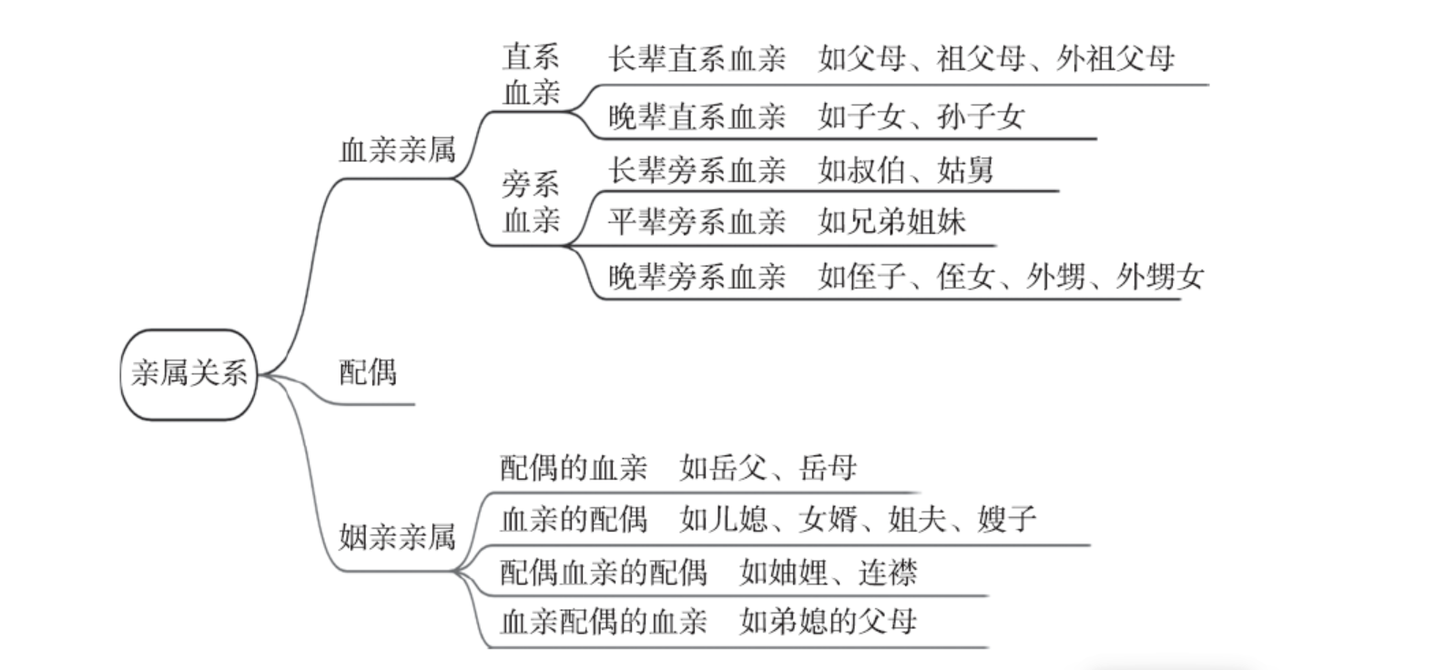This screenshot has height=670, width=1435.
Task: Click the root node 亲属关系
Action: click(188, 374)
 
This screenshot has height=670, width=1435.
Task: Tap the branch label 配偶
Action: click(368, 372)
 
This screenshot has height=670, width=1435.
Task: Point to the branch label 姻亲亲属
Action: click(397, 537)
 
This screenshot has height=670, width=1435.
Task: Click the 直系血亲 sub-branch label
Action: click(531, 76)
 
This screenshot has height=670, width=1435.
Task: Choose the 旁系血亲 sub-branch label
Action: click(531, 203)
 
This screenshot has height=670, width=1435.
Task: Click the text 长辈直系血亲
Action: click(697, 60)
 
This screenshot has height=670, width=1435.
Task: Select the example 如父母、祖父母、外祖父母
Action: click(996, 60)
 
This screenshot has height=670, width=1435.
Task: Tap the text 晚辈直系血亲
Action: click(697, 117)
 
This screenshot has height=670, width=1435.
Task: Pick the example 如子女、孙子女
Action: click(921, 117)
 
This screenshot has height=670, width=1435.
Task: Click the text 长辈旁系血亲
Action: click(697, 170)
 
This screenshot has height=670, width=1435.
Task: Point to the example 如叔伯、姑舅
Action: click(905, 170)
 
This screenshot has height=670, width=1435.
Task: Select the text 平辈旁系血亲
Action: click(697, 222)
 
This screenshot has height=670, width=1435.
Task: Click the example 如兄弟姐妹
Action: click(891, 222)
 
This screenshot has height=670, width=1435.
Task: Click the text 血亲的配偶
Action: click(574, 519)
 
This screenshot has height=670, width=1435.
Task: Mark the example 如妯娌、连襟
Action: click(829, 573)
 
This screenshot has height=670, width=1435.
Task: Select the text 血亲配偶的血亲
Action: click(604, 622)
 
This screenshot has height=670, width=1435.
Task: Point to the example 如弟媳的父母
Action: click(829, 622)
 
